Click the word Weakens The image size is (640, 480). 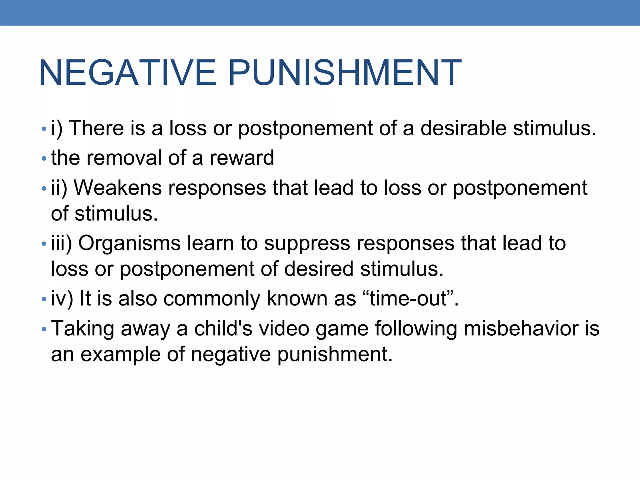pos(117,188)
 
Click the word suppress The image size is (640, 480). pos(307,244)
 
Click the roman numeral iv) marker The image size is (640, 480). pos(62,298)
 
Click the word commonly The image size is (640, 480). pos(212,298)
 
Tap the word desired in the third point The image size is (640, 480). pos(319,269)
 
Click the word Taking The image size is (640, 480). pos(82,329)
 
